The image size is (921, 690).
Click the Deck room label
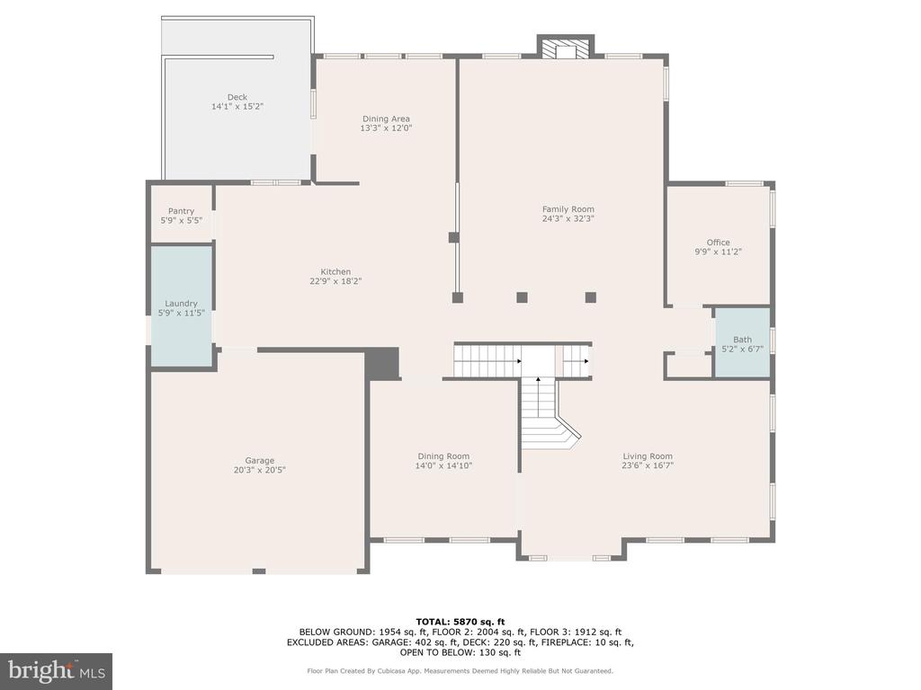click(x=237, y=97)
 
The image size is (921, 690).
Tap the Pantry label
click(x=181, y=211)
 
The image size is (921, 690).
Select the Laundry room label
click(x=181, y=304)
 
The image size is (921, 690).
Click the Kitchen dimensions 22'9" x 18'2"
click(x=335, y=281)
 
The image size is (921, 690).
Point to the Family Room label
click(x=568, y=208)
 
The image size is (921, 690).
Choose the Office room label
click(x=719, y=243)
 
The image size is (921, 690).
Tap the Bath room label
click(x=742, y=339)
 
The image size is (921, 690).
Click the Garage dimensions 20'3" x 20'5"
click(x=260, y=470)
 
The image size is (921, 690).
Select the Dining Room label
click(x=443, y=456)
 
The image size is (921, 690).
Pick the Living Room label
click(x=648, y=456)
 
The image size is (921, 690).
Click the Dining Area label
click(x=386, y=119)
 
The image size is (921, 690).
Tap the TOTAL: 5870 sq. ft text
click(x=460, y=622)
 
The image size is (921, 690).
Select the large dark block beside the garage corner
click(x=383, y=364)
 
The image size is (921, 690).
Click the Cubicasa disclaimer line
click(x=460, y=670)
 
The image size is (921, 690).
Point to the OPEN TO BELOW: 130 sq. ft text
click(x=460, y=652)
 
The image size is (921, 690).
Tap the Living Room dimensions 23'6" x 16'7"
click(x=648, y=465)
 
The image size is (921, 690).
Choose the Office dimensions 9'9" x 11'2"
click(x=719, y=252)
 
